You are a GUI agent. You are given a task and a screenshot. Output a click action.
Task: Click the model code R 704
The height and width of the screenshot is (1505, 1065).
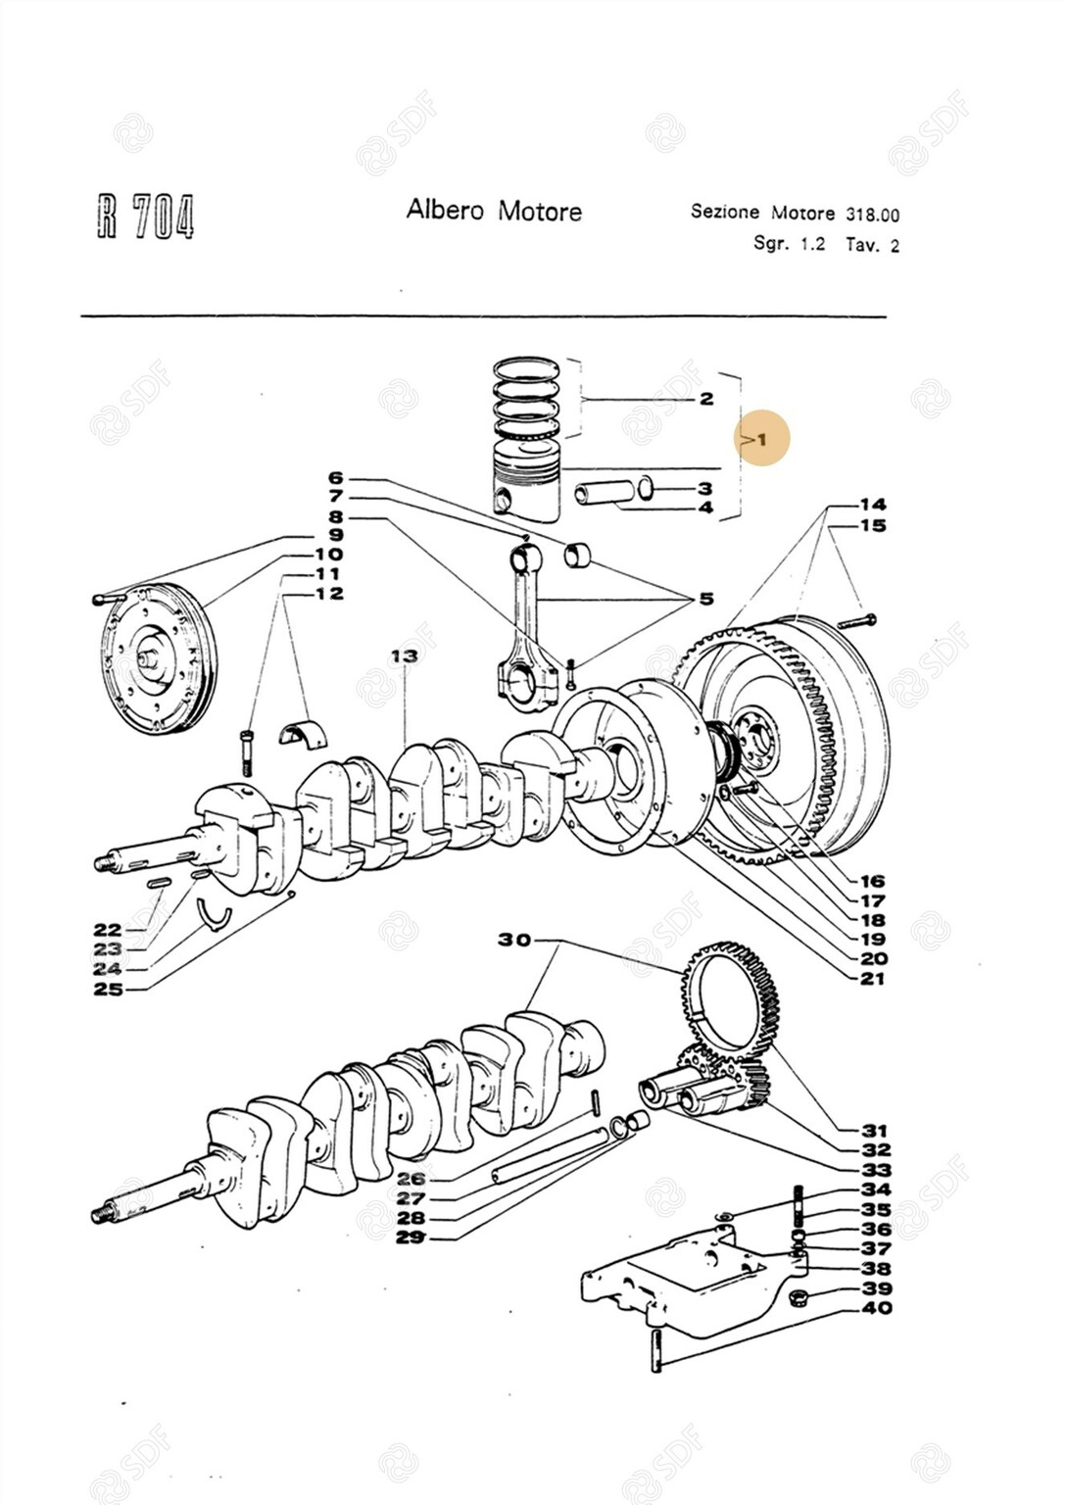tap(145, 216)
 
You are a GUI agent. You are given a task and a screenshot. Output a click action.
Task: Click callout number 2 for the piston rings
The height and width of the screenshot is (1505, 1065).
tap(706, 399)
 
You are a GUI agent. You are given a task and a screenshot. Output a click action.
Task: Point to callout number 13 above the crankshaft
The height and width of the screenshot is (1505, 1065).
tap(404, 655)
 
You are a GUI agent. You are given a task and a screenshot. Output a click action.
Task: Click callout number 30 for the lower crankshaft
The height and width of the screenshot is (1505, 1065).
tap(514, 940)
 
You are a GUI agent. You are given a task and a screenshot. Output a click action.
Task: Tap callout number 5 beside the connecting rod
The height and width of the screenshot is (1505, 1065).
tap(706, 599)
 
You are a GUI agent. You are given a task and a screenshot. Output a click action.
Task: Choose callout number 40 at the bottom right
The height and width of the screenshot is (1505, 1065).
tap(877, 1307)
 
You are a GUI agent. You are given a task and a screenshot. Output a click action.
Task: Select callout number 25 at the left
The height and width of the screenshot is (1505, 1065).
tap(109, 989)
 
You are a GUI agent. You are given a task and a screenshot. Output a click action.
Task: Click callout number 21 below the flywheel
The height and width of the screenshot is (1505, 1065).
tap(872, 978)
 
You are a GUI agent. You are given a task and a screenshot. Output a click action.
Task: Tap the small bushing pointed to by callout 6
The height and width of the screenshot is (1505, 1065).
tap(579, 556)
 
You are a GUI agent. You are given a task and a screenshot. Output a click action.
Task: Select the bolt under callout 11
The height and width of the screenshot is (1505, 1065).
tap(245, 751)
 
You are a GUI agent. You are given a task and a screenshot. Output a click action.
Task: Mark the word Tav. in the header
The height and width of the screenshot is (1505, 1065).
tap(862, 245)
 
